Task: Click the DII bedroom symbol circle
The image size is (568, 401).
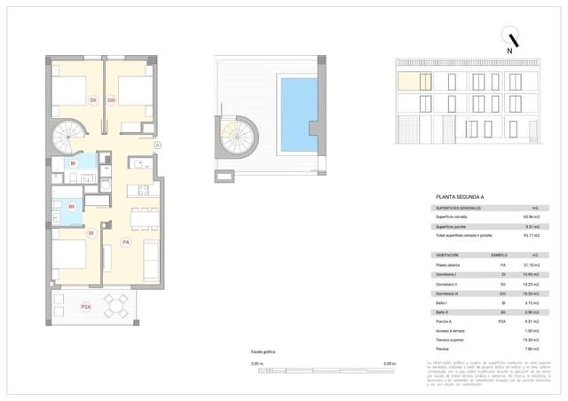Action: tap(93, 100)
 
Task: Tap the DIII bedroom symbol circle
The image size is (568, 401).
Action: tap(112, 100)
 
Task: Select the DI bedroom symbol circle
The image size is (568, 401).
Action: tap(91, 232)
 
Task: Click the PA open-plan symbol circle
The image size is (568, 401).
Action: tap(126, 241)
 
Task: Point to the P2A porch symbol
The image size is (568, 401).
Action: tap(86, 307)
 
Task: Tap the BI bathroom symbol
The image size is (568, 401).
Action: tap(73, 163)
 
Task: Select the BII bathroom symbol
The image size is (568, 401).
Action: tap(71, 206)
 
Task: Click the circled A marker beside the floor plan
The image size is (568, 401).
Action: tap(157, 145)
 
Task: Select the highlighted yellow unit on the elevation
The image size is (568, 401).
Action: tap(414, 83)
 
